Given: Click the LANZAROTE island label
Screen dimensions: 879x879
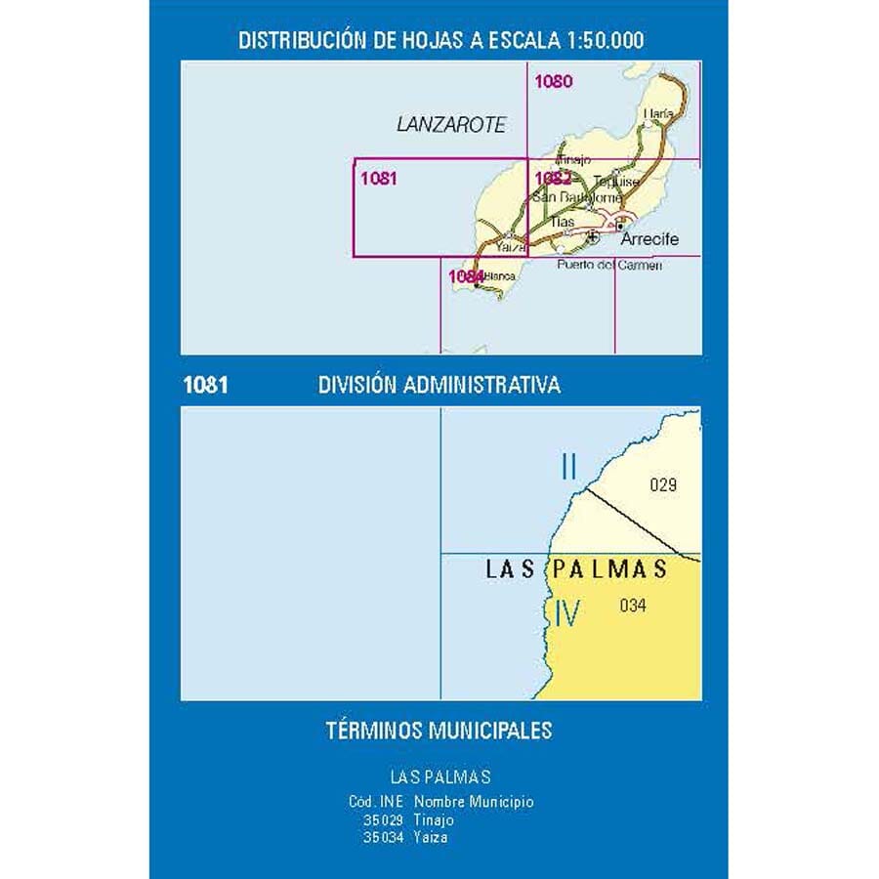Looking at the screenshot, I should pos(451,125).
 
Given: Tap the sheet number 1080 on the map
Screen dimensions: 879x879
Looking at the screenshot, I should pos(554,82).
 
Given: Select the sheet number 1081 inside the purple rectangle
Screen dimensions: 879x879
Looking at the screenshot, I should pos(378,178).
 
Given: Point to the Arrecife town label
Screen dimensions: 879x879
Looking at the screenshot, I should pos(649,239).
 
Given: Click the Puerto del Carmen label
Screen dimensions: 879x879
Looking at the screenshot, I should pos(609,265).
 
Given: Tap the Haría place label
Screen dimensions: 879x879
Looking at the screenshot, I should pos(658,114).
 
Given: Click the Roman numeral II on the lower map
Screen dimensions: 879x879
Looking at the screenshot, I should pos(569,468).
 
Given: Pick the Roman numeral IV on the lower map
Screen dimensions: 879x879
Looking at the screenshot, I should pos(566,613).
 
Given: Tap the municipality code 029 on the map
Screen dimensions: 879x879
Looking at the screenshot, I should pos(662,484).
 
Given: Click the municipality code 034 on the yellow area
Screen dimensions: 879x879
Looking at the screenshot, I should pos(633,606).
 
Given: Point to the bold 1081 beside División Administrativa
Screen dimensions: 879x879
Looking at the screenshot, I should pos(205,385).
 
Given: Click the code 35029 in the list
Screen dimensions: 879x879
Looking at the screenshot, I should pos(382,820).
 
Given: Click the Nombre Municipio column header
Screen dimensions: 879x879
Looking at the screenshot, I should pos(474,802).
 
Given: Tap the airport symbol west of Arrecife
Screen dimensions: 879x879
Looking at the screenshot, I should pos(593,235).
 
